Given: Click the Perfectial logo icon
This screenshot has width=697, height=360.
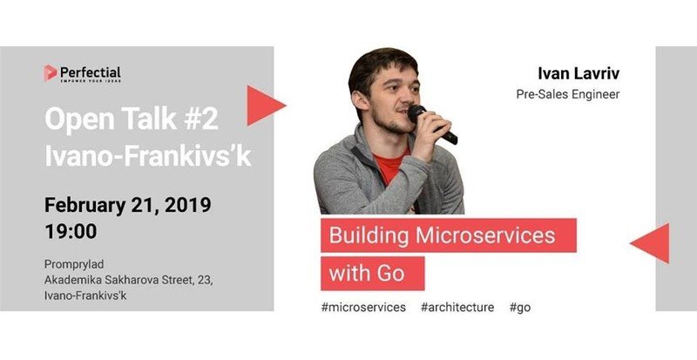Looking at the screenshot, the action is (51, 73).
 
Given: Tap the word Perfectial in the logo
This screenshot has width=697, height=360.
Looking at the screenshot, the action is (91, 72).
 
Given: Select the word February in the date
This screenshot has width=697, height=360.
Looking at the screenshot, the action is (85, 206).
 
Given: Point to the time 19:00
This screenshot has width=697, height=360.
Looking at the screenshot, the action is (71, 231).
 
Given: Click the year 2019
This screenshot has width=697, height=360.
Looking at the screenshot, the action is (188, 205).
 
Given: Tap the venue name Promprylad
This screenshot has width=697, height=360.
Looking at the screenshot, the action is (74, 264).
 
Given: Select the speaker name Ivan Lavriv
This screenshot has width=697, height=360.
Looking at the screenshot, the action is (579, 74).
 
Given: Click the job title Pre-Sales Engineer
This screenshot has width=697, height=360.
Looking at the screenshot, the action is (568, 95).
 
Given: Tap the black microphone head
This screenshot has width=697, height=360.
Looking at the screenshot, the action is (416, 113).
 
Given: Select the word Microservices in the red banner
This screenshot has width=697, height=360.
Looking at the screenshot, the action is (485, 235).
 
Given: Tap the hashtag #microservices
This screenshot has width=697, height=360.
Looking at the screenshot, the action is (363, 308).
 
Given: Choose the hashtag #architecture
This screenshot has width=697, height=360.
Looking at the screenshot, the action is (457, 308).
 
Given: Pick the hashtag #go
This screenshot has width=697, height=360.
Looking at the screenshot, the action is (520, 308).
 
